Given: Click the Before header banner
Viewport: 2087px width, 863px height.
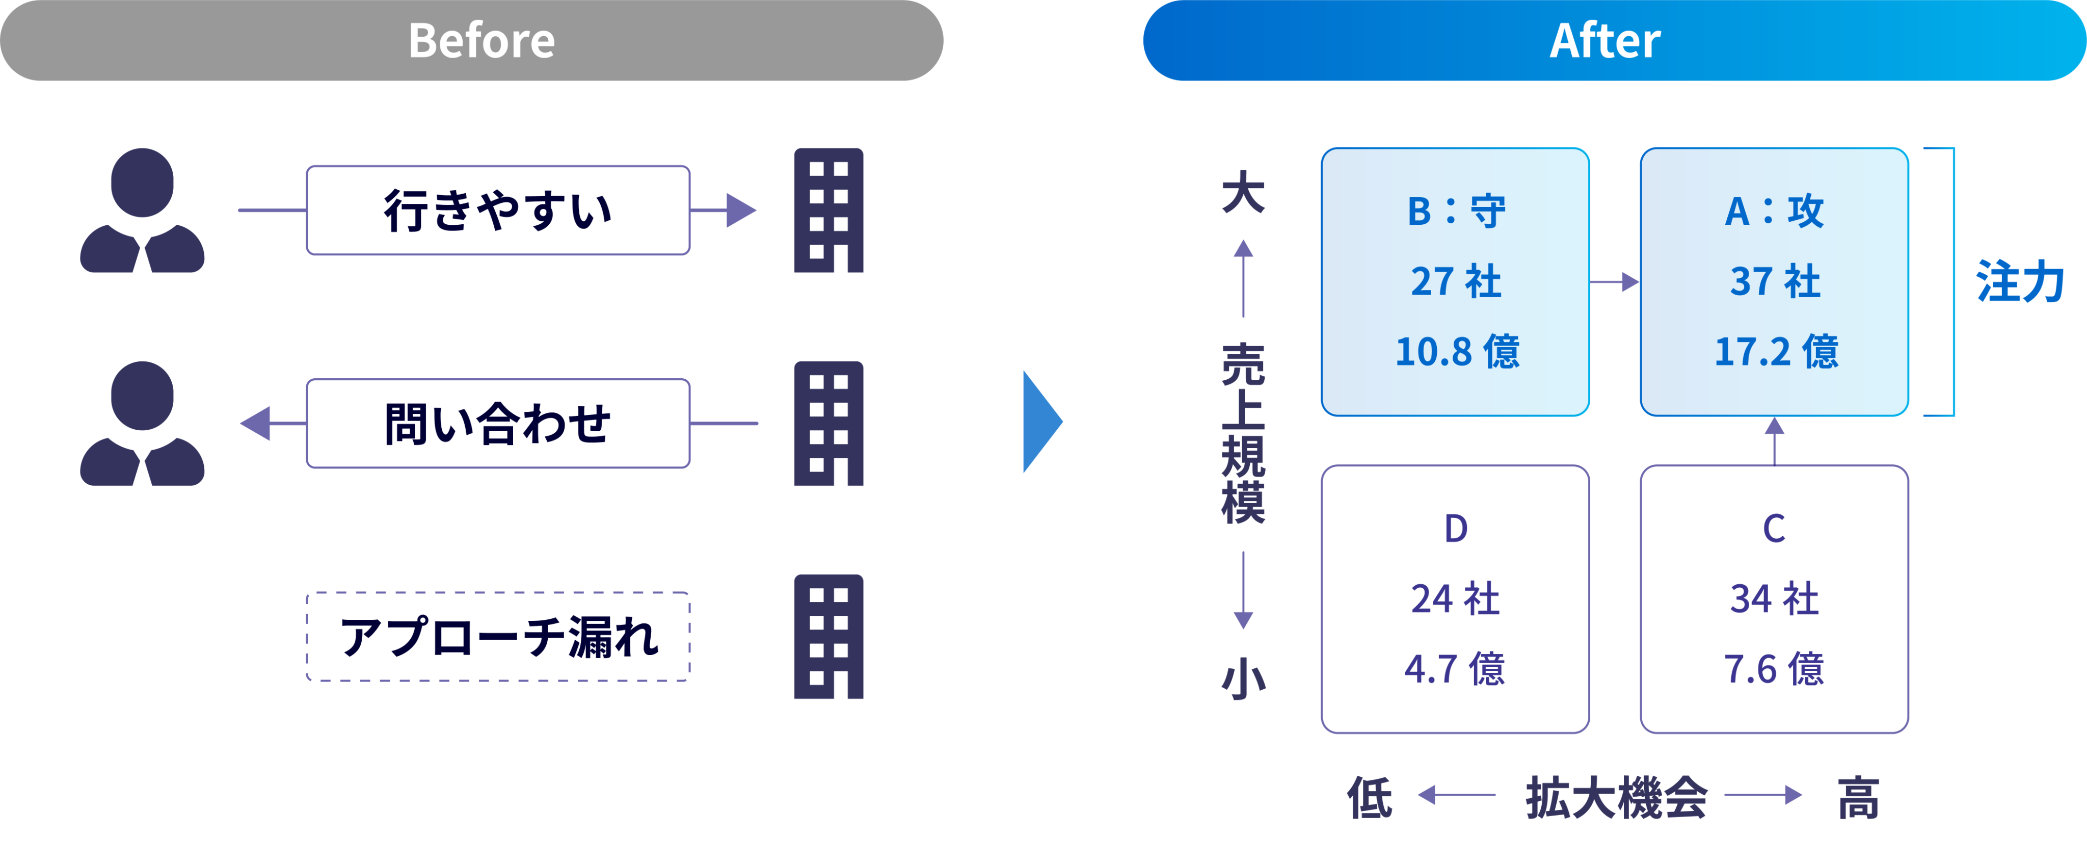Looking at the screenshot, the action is pyautogui.click(x=471, y=40).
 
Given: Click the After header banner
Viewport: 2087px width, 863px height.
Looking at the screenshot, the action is pyautogui.click(x=1615, y=40).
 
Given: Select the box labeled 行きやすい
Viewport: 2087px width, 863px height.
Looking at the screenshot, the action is pyautogui.click(x=498, y=211).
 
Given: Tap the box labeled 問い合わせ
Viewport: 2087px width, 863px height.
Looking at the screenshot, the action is pyautogui.click(x=498, y=424).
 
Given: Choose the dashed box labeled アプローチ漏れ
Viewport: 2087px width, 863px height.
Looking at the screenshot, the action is pyautogui.click(x=498, y=637).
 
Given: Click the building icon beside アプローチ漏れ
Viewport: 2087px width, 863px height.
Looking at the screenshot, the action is pyautogui.click(x=829, y=637).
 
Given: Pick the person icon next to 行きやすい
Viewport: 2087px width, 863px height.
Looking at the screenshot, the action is pyautogui.click(x=143, y=211).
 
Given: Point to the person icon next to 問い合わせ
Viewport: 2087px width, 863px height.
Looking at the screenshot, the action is pyautogui.click(x=143, y=424).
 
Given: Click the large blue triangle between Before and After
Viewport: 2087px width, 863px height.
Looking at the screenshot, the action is pyautogui.click(x=1042, y=422).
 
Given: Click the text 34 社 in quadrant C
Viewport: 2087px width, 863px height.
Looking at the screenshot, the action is pyautogui.click(x=1774, y=599).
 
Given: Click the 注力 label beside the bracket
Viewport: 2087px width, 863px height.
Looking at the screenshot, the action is pyautogui.click(x=2021, y=282).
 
